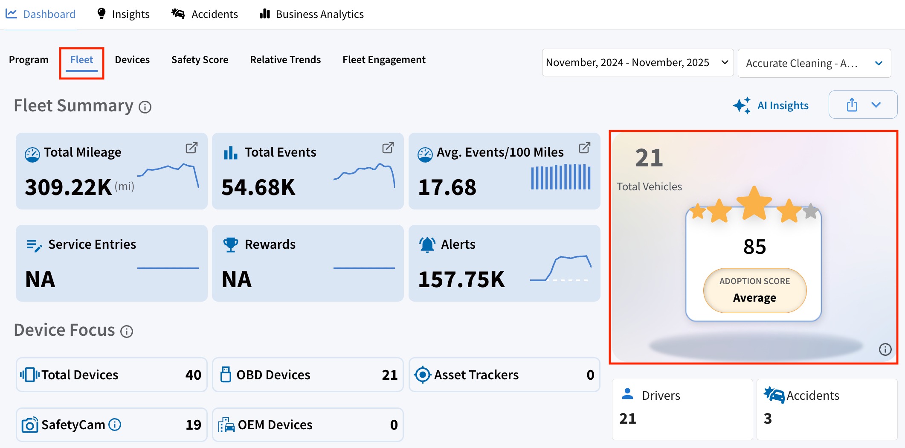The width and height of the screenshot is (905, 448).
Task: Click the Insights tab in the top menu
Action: pyautogui.click(x=123, y=14)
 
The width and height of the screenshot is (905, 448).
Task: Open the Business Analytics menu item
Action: pyautogui.click(x=311, y=14)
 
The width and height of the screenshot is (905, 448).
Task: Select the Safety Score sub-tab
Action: pyautogui.click(x=200, y=60)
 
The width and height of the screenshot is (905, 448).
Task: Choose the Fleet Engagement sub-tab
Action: pyautogui.click(x=384, y=60)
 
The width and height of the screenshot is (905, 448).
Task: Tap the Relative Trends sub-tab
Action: pyautogui.click(x=285, y=60)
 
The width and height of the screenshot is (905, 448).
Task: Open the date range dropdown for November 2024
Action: pyautogui.click(x=638, y=62)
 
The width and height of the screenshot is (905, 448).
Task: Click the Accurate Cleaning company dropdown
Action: pyautogui.click(x=814, y=63)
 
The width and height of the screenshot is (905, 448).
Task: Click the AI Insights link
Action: pyautogui.click(x=771, y=105)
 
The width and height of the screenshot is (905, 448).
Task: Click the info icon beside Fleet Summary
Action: pyautogui.click(x=145, y=107)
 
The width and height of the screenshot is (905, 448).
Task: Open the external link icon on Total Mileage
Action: pyautogui.click(x=191, y=148)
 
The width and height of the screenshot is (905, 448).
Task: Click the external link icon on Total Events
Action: pyautogui.click(x=388, y=148)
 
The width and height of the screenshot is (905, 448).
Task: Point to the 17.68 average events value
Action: pyautogui.click(x=447, y=187)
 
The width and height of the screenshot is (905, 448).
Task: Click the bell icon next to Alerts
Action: pyautogui.click(x=427, y=244)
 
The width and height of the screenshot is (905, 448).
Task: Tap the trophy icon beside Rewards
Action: pyautogui.click(x=231, y=244)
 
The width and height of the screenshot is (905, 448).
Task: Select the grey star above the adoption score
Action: pyautogui.click(x=810, y=211)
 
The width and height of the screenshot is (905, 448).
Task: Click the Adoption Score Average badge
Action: pyautogui.click(x=754, y=291)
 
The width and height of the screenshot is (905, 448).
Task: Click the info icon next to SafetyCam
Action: pyautogui.click(x=115, y=425)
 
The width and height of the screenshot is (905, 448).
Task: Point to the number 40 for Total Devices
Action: pyautogui.click(x=193, y=375)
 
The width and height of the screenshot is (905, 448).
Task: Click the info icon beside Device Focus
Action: pyautogui.click(x=127, y=332)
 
